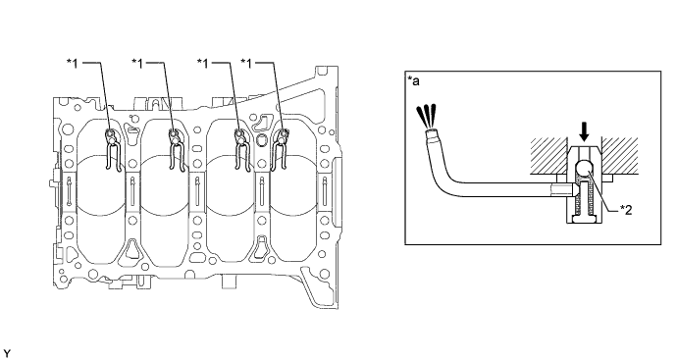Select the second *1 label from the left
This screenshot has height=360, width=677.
tap(138, 61)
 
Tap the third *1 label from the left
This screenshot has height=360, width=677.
tap(204, 61)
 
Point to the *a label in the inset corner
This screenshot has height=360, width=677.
tap(413, 78)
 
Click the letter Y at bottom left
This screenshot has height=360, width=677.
tap(7, 350)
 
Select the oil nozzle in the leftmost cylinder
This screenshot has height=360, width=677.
tap(112, 142)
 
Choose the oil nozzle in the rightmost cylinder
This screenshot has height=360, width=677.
tap(283, 142)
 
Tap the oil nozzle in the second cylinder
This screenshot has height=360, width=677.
tap(177, 142)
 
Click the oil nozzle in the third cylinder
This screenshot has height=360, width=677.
tap(240, 142)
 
